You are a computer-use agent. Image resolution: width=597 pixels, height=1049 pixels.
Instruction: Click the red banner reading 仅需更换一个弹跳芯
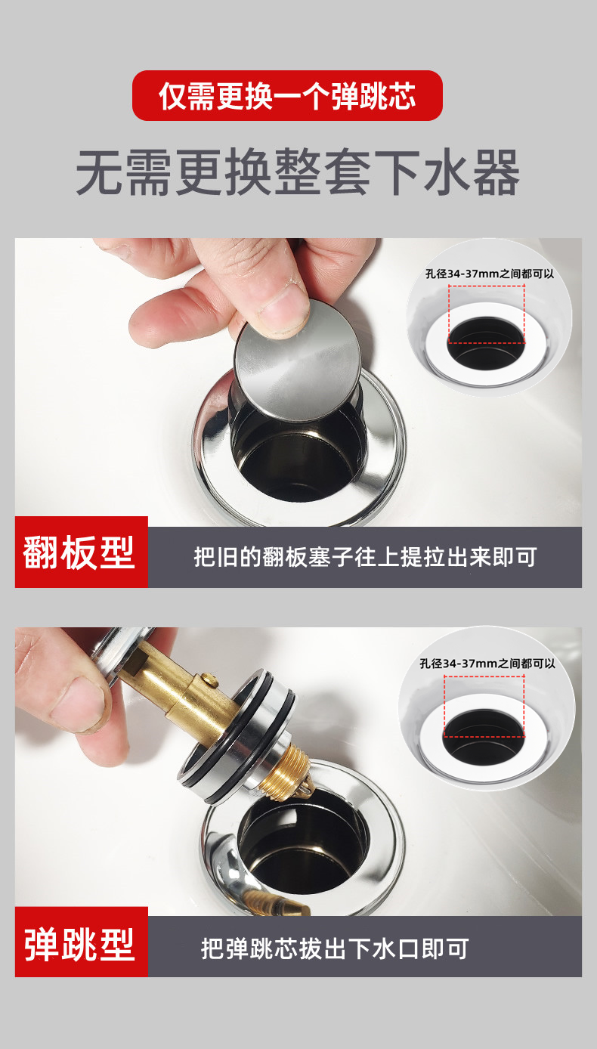coord(287,95)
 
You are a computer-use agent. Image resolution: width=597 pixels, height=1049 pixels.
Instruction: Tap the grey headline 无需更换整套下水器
coord(298,172)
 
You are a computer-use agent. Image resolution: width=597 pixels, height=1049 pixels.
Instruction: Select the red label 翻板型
coord(82,552)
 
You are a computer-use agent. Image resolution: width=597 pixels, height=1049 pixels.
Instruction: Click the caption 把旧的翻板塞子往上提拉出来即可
coord(365,557)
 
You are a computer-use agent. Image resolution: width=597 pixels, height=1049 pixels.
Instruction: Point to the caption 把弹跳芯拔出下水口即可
coord(335,948)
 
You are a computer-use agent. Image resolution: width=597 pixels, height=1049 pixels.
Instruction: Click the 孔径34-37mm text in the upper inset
coord(490,274)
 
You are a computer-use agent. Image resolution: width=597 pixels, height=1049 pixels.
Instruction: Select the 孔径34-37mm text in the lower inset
coord(487,663)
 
